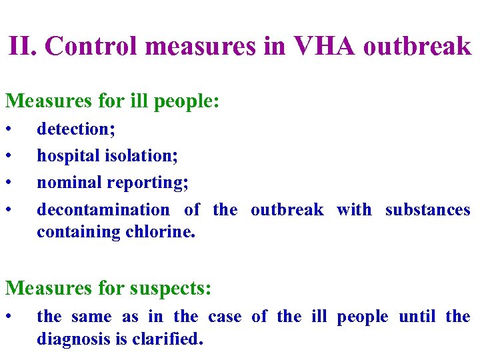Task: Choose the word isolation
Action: click(x=141, y=156)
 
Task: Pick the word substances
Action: click(x=428, y=209)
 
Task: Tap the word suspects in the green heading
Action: click(x=169, y=289)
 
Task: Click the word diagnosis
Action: click(x=73, y=339)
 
